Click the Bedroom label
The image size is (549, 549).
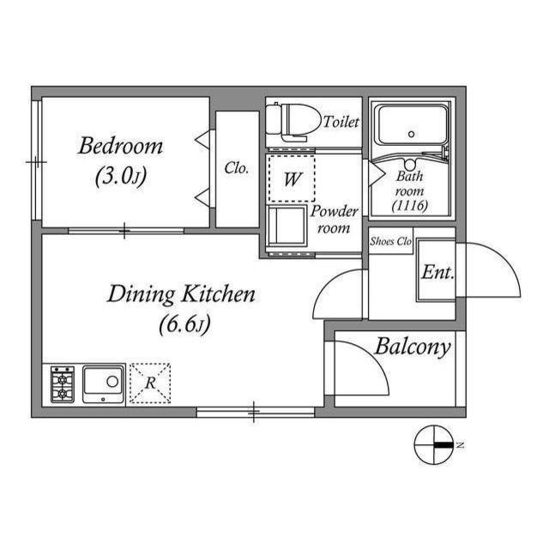pyautogui.click(x=120, y=145)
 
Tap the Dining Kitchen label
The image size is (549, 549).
pyautogui.click(x=181, y=295)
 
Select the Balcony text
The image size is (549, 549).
pyautogui.click(x=412, y=347)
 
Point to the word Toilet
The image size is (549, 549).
pyautogui.click(x=341, y=123)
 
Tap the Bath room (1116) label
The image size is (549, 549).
pyautogui.click(x=409, y=191)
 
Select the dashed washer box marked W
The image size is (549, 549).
pyautogui.click(x=291, y=178)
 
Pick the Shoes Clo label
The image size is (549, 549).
pyautogui.click(x=391, y=242)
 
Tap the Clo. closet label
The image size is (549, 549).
pyautogui.click(x=237, y=168)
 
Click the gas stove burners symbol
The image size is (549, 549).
pyautogui.click(x=62, y=384)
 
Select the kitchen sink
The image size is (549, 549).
pyautogui.click(x=103, y=383)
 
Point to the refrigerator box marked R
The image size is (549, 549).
pyautogui.click(x=149, y=383)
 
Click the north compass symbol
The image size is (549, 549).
pyautogui.click(x=434, y=444)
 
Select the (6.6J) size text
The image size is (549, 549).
pyautogui.click(x=184, y=325)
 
